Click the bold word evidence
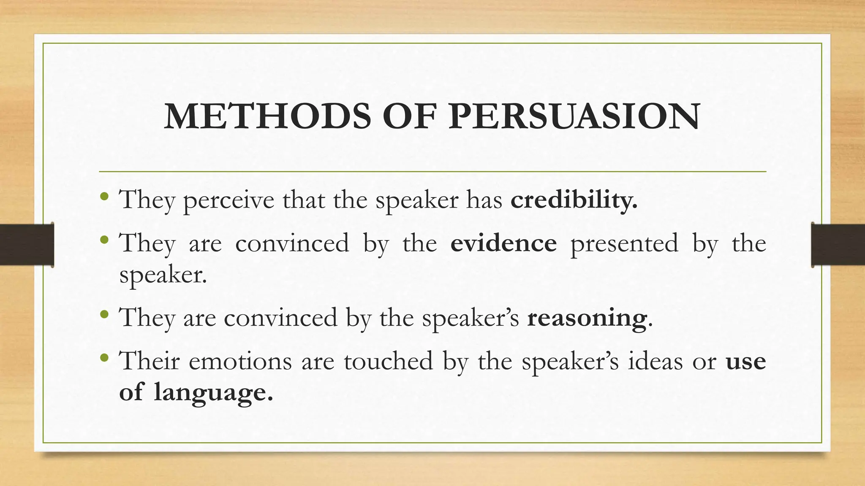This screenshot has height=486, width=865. [x=503, y=243]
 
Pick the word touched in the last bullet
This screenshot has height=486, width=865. [x=388, y=362]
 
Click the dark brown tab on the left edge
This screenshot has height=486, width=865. [x=27, y=245]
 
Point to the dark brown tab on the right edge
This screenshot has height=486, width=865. [x=838, y=245]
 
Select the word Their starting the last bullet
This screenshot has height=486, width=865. [x=150, y=362]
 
